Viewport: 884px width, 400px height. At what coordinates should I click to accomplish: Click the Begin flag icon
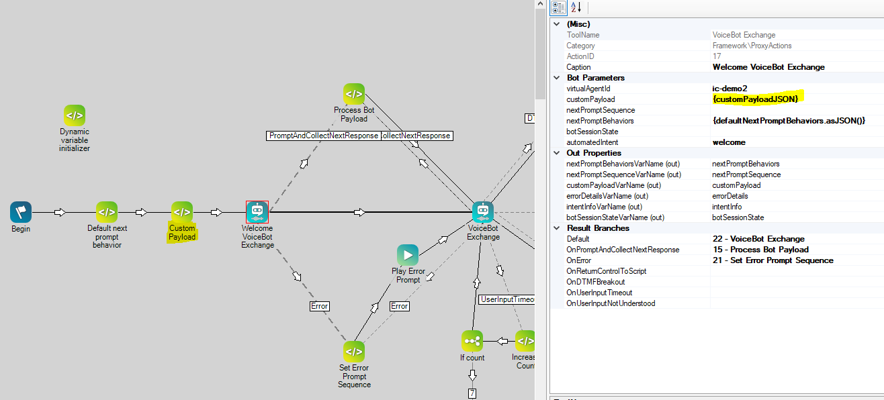pos(21,212)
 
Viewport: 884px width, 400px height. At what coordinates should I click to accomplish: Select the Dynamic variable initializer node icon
pos(75,115)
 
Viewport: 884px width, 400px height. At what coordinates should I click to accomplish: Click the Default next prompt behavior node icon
pos(107,212)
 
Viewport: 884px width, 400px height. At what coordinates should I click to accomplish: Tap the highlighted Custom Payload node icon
pos(182,212)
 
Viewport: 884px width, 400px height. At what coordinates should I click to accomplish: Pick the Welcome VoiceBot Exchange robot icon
pos(257,212)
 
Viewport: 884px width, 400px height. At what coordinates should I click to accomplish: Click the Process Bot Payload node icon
pos(354,94)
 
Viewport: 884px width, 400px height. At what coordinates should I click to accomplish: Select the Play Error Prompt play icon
pos(408,255)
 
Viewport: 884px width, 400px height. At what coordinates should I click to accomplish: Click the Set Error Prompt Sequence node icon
pos(354,352)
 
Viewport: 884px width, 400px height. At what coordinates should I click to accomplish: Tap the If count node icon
pos(472,341)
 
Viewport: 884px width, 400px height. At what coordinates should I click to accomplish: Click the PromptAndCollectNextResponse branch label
pos(323,136)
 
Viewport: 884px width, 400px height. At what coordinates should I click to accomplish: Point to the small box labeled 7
pos(472,393)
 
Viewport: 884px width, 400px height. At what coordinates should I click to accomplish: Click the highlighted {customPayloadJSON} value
pos(756,99)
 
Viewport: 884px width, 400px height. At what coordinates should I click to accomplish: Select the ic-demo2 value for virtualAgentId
pos(729,89)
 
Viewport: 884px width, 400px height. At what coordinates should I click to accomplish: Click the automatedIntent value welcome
pos(729,142)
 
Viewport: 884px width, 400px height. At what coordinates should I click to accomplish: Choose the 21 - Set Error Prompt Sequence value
pos(773,260)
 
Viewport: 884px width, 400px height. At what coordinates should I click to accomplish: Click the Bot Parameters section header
pos(595,78)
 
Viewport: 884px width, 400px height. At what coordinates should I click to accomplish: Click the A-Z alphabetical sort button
pos(576,7)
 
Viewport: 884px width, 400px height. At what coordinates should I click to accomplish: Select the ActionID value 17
pos(717,56)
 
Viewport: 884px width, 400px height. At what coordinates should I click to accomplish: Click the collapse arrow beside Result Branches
pos(556,228)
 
